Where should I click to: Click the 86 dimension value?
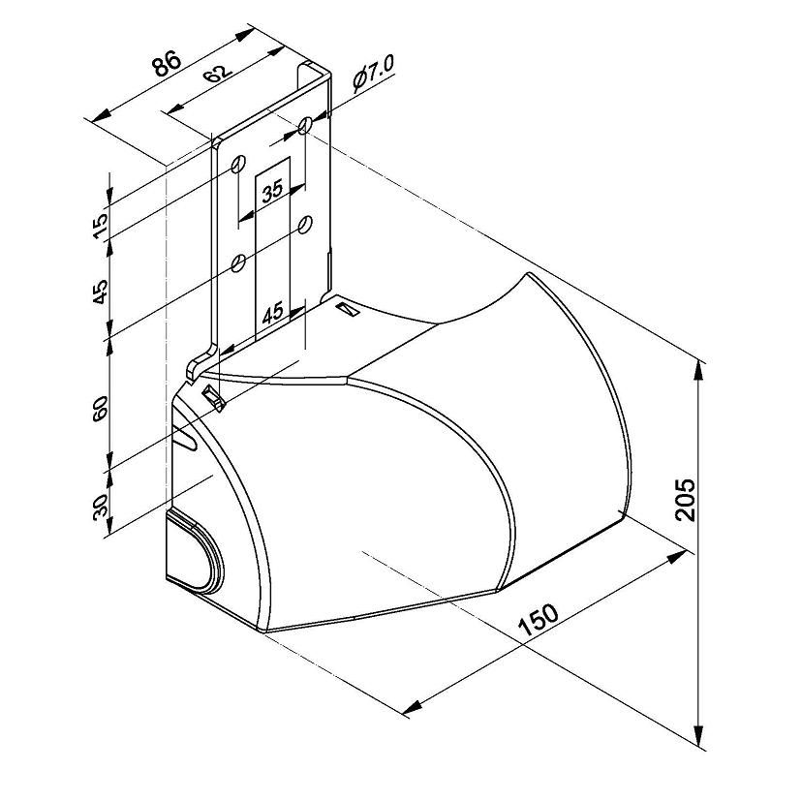pos(167,62)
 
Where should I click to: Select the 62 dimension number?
pos(218,74)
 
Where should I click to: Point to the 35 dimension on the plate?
pos(272,191)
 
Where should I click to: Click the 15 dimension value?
pos(101,226)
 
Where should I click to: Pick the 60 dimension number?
pos(101,408)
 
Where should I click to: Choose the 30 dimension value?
pos(101,507)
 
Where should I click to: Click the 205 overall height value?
pos(685,500)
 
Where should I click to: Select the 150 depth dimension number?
pos(538,619)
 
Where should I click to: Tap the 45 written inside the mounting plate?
pos(272,313)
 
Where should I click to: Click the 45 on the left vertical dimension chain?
pos(101,292)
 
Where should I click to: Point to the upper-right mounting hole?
pos(305,125)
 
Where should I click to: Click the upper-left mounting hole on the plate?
pos(238,164)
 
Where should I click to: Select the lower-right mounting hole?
pos(305,225)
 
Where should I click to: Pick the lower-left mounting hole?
pos(238,263)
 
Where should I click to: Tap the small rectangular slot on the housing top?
pos(349,309)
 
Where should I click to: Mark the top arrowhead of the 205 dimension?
pos(700,371)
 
